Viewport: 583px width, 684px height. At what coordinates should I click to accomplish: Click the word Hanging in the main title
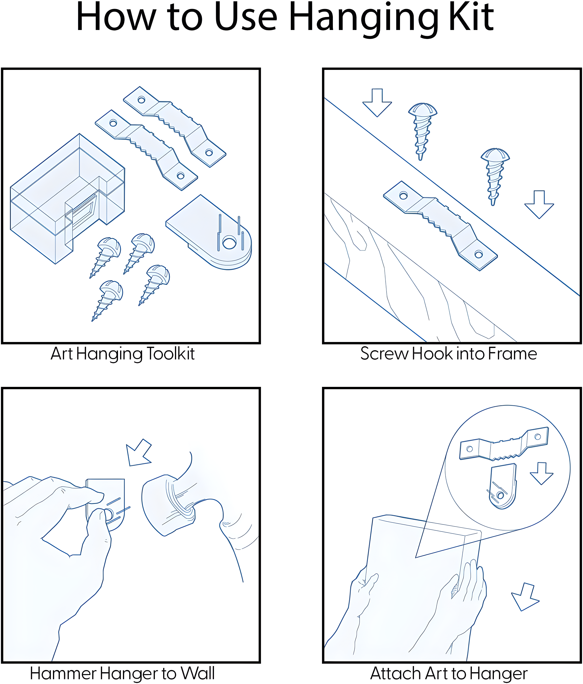point(364,19)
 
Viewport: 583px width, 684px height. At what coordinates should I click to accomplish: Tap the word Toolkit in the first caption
point(170,354)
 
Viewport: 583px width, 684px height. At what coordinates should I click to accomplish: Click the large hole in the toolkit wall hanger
point(229,243)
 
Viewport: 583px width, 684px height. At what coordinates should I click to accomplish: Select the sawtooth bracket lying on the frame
point(440,226)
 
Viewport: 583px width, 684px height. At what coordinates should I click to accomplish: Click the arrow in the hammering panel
point(139,453)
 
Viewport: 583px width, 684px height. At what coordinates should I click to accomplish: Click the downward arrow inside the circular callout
point(542,473)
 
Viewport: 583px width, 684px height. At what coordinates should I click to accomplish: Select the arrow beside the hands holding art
point(525,597)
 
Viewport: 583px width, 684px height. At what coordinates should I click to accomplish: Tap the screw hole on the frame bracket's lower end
point(479,254)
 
